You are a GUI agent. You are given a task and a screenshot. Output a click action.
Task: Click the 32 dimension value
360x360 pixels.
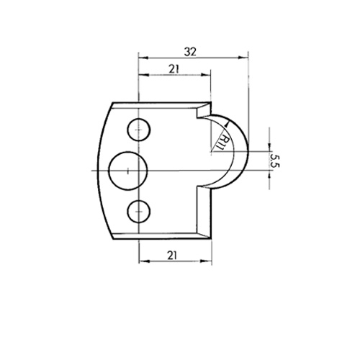pyautogui.click(x=190, y=52)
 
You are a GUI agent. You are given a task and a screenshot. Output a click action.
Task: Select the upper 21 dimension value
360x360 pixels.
pyautogui.click(x=174, y=69)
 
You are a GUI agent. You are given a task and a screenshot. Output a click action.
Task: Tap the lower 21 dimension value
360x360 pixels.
pyautogui.click(x=172, y=256)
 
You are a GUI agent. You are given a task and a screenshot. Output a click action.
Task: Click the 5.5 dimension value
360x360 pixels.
pyautogui.click(x=274, y=161)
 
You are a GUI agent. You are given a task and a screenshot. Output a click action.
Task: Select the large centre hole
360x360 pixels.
pyautogui.click(x=127, y=171)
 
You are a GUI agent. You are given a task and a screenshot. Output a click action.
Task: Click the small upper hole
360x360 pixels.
pyautogui.click(x=139, y=130)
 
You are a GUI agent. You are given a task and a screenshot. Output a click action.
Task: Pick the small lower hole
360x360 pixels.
pyautogui.click(x=139, y=212)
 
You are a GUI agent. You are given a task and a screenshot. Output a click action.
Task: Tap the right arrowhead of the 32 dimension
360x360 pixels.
pyautogui.click(x=243, y=58)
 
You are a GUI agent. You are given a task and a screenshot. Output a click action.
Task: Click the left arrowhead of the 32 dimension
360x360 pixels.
pyautogui.click(x=144, y=58)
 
